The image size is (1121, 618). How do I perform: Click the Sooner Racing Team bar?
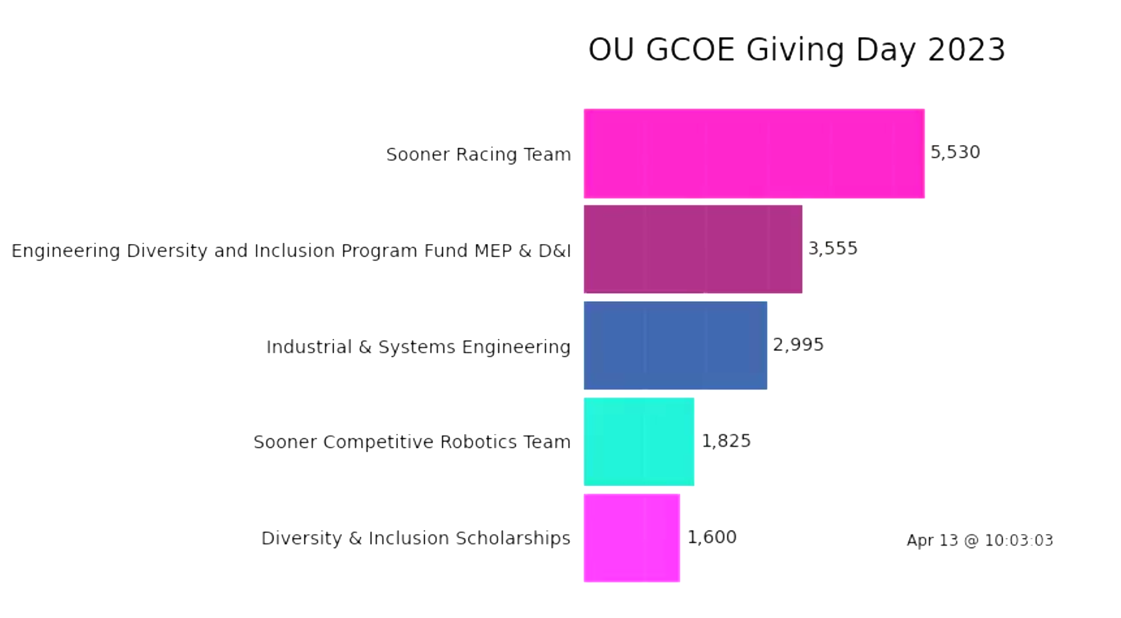coord(753,154)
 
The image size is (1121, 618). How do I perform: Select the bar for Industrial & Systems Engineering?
coord(675,345)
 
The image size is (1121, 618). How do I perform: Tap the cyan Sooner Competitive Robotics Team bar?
coord(639,441)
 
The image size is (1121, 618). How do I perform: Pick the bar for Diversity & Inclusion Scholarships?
coord(631,538)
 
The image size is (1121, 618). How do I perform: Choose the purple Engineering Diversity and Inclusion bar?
coord(693,250)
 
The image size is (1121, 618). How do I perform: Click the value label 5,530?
coord(955,152)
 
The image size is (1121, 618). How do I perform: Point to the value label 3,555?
coord(832,248)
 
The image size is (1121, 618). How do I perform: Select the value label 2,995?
coord(798,345)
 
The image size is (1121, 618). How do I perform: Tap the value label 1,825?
coord(726,441)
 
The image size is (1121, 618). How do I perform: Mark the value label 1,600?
coord(711,537)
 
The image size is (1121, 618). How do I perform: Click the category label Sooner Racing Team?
coord(478,155)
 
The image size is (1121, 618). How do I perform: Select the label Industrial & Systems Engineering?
coord(418,347)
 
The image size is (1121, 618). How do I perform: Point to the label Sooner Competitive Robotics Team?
coord(412,442)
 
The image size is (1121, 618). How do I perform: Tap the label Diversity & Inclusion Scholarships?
coord(416,538)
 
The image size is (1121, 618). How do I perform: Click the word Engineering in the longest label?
coord(66,251)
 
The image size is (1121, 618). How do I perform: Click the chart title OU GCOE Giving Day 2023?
coord(797,50)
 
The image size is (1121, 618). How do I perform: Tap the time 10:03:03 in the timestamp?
coord(1019,540)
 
